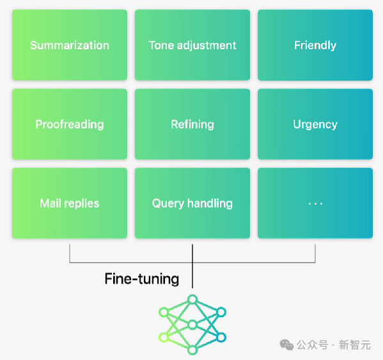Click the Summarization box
pyautogui.click(x=70, y=45)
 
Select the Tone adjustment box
pyautogui.click(x=192, y=45)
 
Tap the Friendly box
pyautogui.click(x=315, y=45)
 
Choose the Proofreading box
pyautogui.click(x=70, y=124)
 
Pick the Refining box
pyautogui.click(x=192, y=124)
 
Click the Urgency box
pyautogui.click(x=315, y=124)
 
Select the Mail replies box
pyautogui.click(x=70, y=203)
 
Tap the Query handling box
pyautogui.click(x=192, y=203)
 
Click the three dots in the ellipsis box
pyautogui.click(x=315, y=203)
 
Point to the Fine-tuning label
pyautogui.click(x=142, y=279)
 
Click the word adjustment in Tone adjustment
pyautogui.click(x=207, y=45)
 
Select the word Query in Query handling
pyautogui.click(x=168, y=204)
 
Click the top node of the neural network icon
pyautogui.click(x=192, y=299)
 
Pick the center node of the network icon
pyautogui.click(x=192, y=325)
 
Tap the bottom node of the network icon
pyautogui.click(x=192, y=350)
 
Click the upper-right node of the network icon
pyautogui.click(x=221, y=312)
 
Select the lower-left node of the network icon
pyautogui.click(x=164, y=337)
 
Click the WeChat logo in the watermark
pyautogui.click(x=286, y=345)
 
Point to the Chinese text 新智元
pyautogui.click(x=355, y=345)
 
